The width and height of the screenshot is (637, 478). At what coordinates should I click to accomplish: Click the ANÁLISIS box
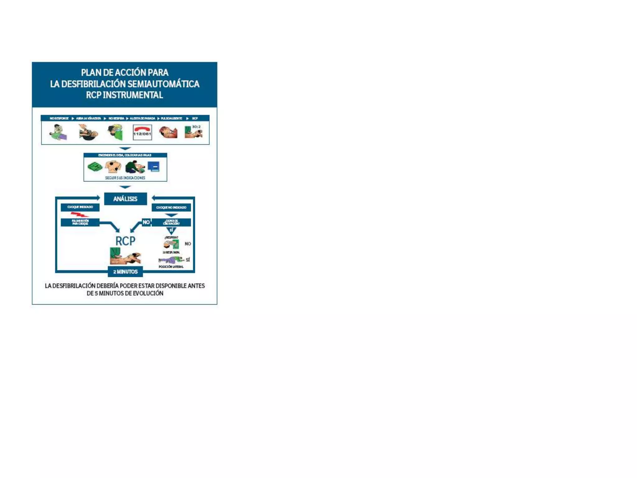click(x=125, y=199)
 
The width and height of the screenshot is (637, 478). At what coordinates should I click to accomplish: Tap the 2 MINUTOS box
click(x=125, y=272)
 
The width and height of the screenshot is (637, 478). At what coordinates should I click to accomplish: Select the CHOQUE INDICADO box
click(x=80, y=207)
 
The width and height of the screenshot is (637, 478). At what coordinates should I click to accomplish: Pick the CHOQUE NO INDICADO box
click(x=171, y=208)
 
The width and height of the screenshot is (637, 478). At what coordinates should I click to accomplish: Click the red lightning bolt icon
click(x=80, y=215)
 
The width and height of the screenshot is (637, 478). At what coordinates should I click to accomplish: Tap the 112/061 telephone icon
click(x=142, y=132)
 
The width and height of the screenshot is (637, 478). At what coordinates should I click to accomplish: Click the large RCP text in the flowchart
click(x=125, y=241)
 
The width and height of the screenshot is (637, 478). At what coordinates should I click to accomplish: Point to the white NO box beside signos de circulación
click(x=146, y=222)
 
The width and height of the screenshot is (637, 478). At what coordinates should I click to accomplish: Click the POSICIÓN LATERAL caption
click(x=171, y=267)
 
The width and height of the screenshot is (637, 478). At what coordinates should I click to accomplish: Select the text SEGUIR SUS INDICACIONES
click(x=125, y=178)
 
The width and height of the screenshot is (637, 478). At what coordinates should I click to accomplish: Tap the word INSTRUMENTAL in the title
click(x=133, y=95)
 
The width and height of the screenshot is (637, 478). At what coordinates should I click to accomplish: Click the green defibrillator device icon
click(x=95, y=167)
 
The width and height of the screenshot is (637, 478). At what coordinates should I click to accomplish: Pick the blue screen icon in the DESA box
click(x=154, y=167)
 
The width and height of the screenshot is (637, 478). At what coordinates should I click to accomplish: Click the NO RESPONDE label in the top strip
click(x=59, y=119)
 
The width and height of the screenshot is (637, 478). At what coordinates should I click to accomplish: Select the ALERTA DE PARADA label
click(x=142, y=119)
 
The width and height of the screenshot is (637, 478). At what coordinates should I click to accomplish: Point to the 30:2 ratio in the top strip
click(x=196, y=127)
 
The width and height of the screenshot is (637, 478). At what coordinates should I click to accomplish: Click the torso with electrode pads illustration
click(x=113, y=167)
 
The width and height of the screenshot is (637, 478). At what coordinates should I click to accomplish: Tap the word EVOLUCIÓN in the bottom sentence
click(x=148, y=293)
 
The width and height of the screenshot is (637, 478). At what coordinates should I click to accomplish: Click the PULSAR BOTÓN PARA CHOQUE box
click(x=80, y=222)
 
